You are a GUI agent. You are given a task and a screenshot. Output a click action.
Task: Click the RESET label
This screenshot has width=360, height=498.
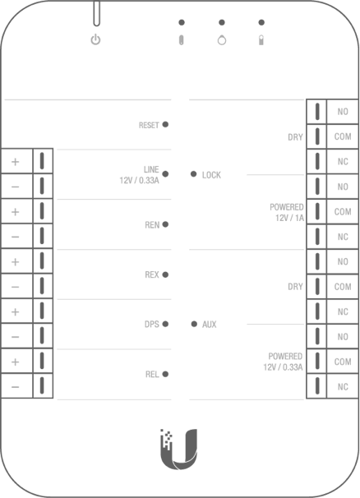[149, 125]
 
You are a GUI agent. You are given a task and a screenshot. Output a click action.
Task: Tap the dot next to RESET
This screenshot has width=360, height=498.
[165, 124]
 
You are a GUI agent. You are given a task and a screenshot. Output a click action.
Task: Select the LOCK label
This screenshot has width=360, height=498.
[211, 175]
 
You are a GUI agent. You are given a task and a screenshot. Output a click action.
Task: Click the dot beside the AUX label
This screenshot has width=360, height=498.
[194, 324]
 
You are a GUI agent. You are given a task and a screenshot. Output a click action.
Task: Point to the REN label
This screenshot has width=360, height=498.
[152, 225]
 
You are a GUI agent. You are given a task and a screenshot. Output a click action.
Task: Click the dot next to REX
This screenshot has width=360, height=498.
[165, 274]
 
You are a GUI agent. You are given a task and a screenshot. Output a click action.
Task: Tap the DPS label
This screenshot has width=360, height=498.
[152, 325]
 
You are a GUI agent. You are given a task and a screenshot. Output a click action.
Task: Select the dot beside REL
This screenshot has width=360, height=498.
[165, 374]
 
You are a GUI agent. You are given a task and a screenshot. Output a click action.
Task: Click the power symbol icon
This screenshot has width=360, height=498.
[95, 40]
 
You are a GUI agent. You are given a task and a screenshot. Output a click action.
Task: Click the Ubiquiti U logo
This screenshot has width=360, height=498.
[179, 450]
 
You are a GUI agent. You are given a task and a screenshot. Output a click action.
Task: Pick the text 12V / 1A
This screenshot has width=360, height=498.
[289, 218]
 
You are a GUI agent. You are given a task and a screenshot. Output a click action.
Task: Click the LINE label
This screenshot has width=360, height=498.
[151, 169]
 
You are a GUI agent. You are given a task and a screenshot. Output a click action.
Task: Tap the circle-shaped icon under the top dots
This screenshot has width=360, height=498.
[222, 40]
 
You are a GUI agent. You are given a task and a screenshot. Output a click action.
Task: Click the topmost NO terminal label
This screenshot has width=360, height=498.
[343, 112]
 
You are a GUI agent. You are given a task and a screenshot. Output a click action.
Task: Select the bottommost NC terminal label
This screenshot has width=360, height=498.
[343, 387]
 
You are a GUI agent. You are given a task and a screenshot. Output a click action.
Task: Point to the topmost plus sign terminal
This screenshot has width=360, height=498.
[16, 162]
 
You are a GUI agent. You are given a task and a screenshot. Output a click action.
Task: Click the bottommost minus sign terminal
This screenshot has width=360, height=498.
[16, 387]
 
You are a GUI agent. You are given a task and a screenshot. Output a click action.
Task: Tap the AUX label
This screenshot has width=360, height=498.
[209, 325]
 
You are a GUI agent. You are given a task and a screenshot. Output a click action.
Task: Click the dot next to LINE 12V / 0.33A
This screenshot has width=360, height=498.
[165, 174]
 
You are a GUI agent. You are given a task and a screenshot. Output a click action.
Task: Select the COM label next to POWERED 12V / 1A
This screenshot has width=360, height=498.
[343, 212]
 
